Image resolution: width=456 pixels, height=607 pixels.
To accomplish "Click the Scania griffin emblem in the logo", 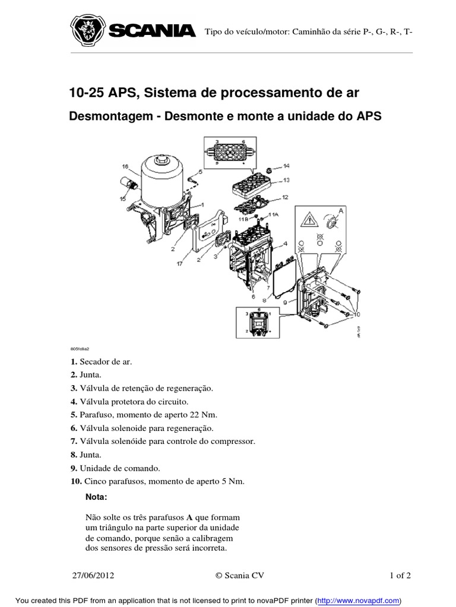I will [87, 31].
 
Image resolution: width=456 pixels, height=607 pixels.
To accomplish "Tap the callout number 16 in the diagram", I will [125, 167].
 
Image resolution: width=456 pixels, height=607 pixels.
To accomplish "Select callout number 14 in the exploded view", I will [286, 167].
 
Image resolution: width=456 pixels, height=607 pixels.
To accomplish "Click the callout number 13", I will [286, 180].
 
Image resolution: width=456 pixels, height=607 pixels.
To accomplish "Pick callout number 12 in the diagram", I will [285, 197].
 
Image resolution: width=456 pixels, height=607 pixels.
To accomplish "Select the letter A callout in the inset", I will [340, 210].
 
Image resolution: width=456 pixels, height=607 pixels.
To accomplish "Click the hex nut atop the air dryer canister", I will [162, 161].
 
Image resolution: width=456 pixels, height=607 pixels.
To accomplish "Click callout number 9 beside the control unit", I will [286, 302].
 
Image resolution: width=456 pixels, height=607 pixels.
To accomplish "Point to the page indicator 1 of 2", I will [400, 575].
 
